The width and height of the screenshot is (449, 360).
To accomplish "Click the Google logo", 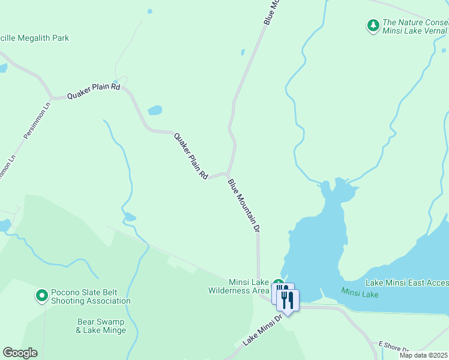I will (20, 353).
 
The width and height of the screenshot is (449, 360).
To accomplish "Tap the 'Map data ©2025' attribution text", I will (423, 355).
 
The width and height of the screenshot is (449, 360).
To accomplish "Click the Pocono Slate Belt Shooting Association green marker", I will (41, 295).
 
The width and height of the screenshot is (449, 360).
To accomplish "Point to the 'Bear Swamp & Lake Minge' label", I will (101, 326).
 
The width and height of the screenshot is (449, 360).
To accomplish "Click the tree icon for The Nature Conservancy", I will (373, 25).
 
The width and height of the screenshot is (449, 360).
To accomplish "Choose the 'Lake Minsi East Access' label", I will (407, 283).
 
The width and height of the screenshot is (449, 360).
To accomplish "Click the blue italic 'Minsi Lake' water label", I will (360, 293).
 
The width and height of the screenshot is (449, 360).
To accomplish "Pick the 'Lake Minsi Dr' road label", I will (262, 330).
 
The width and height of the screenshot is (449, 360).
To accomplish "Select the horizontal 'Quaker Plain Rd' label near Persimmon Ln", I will (94, 91).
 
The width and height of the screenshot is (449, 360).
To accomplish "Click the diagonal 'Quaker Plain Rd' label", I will (191, 155).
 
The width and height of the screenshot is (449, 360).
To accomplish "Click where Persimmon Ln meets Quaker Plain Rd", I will (52, 97).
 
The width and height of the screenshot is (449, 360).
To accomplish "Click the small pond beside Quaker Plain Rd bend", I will (155, 110).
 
